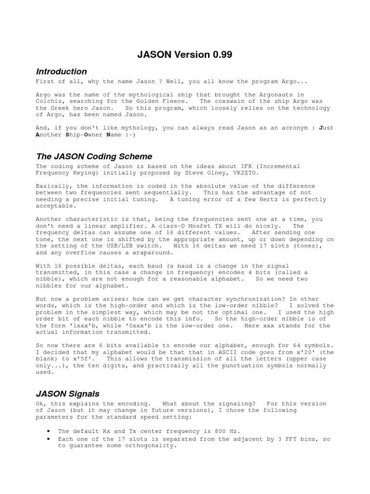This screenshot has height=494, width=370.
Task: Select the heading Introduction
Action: coord(62,72)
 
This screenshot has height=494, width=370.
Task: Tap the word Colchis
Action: coord(50,101)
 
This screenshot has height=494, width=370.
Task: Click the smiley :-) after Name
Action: coord(129,135)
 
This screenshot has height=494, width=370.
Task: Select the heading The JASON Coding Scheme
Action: coord(94,157)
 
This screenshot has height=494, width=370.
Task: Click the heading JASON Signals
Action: coord(68,394)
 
